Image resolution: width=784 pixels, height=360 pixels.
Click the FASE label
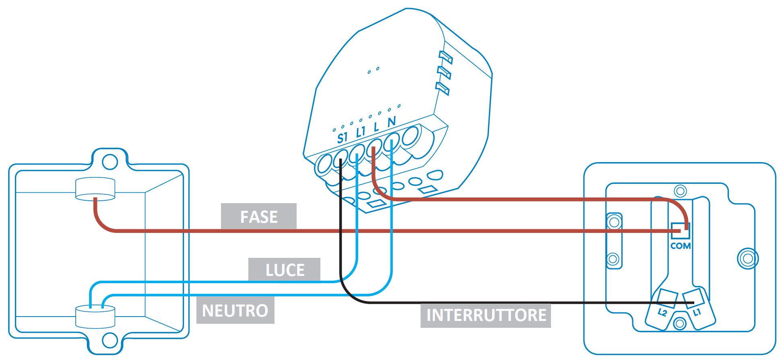[x=259, y=217]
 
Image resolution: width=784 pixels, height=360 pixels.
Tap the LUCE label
[x=285, y=270]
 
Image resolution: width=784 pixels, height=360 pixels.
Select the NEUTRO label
[x=235, y=311]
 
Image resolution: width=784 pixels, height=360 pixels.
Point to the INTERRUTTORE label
[x=486, y=315]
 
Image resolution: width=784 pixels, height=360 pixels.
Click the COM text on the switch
[x=681, y=246]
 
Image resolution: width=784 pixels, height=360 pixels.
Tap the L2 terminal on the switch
[x=662, y=312]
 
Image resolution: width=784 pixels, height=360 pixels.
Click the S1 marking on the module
[x=342, y=138]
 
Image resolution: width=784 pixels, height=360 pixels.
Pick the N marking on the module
[x=392, y=122]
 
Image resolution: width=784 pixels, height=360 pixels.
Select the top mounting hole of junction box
[x=110, y=162]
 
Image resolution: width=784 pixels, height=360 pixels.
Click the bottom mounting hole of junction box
[x=110, y=340]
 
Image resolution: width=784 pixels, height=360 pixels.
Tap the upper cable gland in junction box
[x=95, y=189]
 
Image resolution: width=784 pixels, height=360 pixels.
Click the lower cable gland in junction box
[x=95, y=317]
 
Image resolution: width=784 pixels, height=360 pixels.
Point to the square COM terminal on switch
[x=681, y=231]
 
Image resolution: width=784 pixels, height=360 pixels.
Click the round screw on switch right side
[x=748, y=259]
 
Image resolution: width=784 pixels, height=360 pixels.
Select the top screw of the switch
[x=680, y=191]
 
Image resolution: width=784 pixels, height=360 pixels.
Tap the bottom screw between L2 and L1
[x=680, y=323]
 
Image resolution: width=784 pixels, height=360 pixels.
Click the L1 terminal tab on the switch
[x=697, y=312]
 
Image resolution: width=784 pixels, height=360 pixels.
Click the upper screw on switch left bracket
[x=614, y=222]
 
